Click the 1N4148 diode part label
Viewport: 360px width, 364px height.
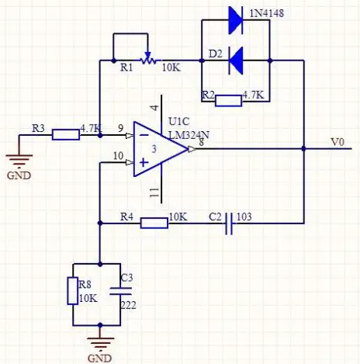(266, 13)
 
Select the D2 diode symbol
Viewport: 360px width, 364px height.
(236, 61)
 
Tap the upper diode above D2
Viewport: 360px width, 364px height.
(236, 20)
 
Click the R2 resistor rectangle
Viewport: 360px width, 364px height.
(228, 101)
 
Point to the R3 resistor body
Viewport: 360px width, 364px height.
(66, 135)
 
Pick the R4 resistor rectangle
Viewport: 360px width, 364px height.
(154, 223)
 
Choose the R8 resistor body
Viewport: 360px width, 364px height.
(73, 290)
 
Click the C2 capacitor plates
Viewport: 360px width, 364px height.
(229, 224)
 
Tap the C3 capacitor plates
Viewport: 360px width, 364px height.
(120, 291)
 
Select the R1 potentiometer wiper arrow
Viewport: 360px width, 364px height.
(147, 55)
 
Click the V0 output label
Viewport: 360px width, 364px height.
(337, 142)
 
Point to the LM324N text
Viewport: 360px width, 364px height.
(189, 135)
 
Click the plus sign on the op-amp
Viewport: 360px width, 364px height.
(144, 162)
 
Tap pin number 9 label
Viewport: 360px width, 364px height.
(121, 128)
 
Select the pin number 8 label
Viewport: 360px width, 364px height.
(201, 142)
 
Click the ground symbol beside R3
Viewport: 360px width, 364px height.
(19, 160)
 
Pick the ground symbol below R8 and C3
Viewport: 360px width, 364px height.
(100, 343)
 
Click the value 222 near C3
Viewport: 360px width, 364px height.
(129, 305)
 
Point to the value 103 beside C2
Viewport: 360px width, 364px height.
(244, 217)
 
